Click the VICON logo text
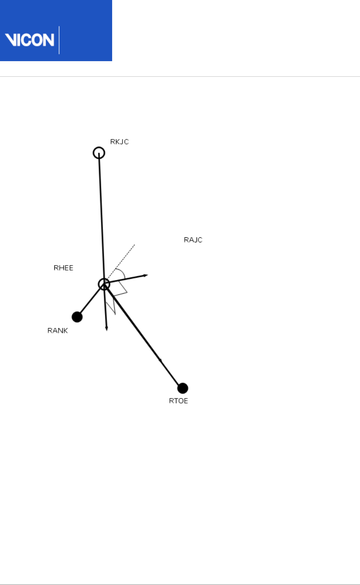click(30, 40)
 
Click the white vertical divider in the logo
click(59, 40)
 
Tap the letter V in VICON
click(10, 40)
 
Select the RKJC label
click(119, 142)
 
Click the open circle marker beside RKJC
click(99, 153)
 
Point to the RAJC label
click(193, 240)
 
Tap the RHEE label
click(63, 268)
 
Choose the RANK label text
click(58, 330)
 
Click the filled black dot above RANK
click(77, 317)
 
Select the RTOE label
click(179, 401)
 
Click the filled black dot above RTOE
click(183, 388)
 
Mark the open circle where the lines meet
click(104, 284)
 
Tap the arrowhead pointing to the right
click(146, 275)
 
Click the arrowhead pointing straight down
click(107, 328)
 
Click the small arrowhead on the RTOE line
click(160, 360)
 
